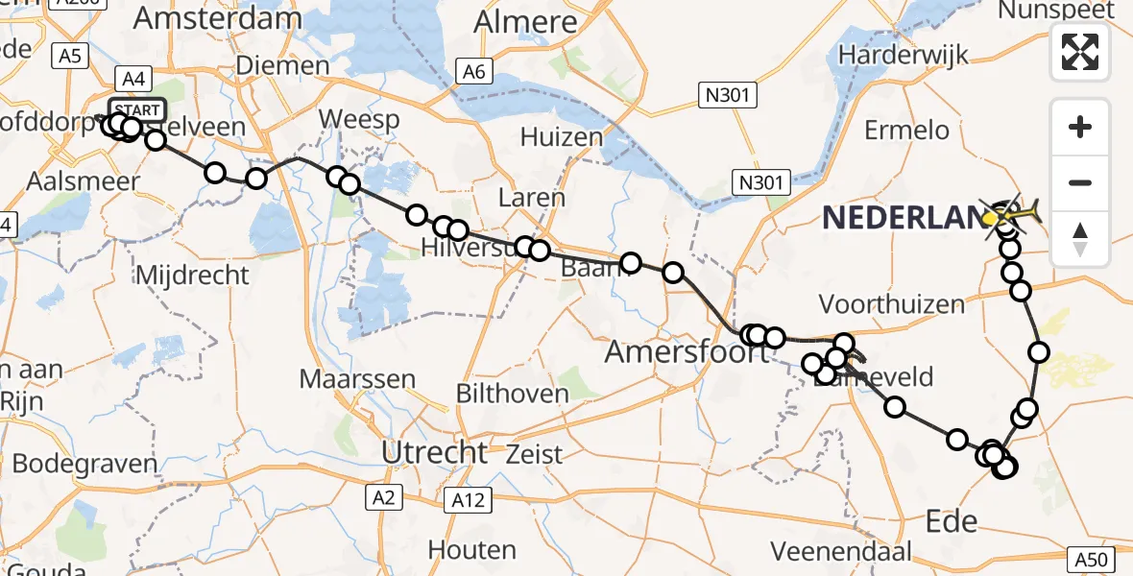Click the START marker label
click(x=137, y=109)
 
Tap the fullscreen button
click(x=1080, y=51)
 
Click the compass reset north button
click(x=1080, y=239)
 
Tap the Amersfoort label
click(x=687, y=352)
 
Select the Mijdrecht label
click(x=192, y=276)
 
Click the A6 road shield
click(x=472, y=71)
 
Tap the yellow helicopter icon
click(x=1009, y=214)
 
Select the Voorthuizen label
click(x=891, y=305)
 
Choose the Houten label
click(x=471, y=550)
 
